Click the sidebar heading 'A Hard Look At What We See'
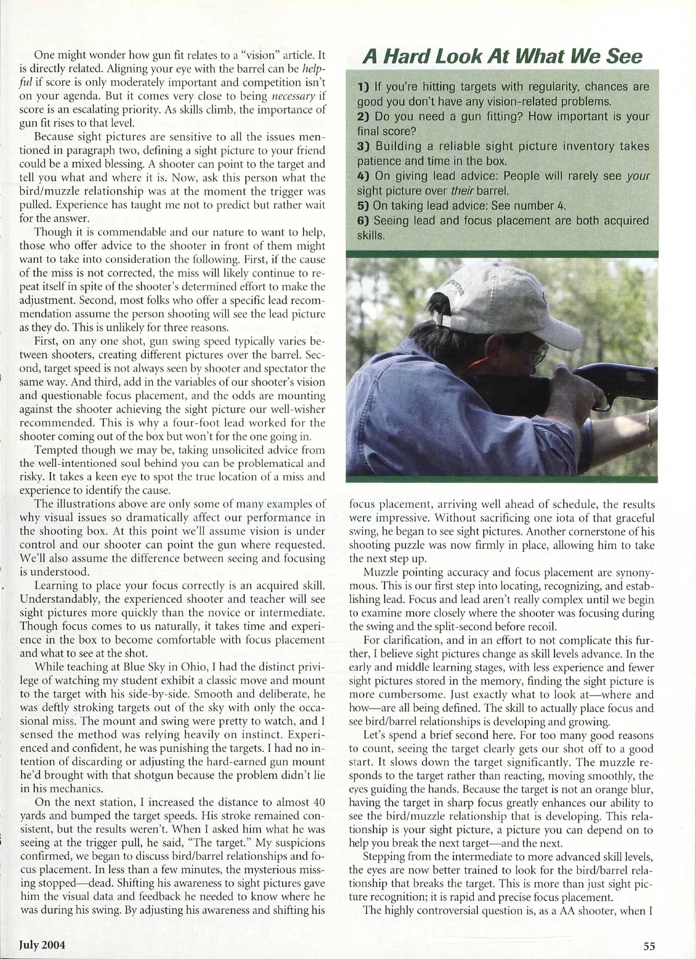pyautogui.click(x=502, y=56)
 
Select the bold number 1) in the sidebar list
pyautogui.click(x=364, y=87)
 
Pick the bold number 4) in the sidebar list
pyautogui.click(x=364, y=176)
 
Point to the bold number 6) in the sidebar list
pyautogui.click(x=364, y=220)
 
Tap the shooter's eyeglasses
pyautogui.click(x=536, y=352)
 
